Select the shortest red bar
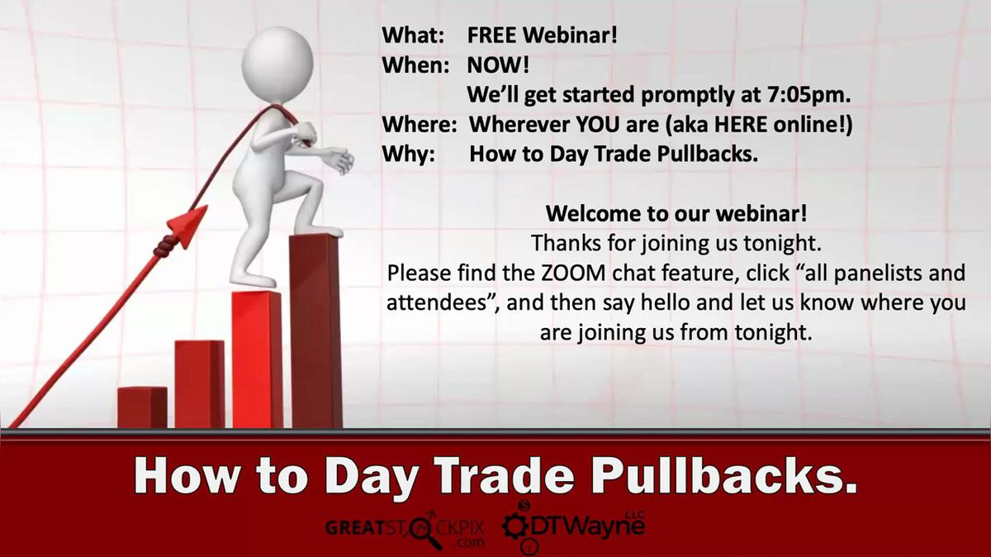click(142, 407)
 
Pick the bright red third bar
click(257, 359)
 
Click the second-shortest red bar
click(199, 383)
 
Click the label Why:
click(409, 155)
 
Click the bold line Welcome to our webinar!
click(676, 213)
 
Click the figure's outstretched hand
click(339, 159)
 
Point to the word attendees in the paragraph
click(439, 303)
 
